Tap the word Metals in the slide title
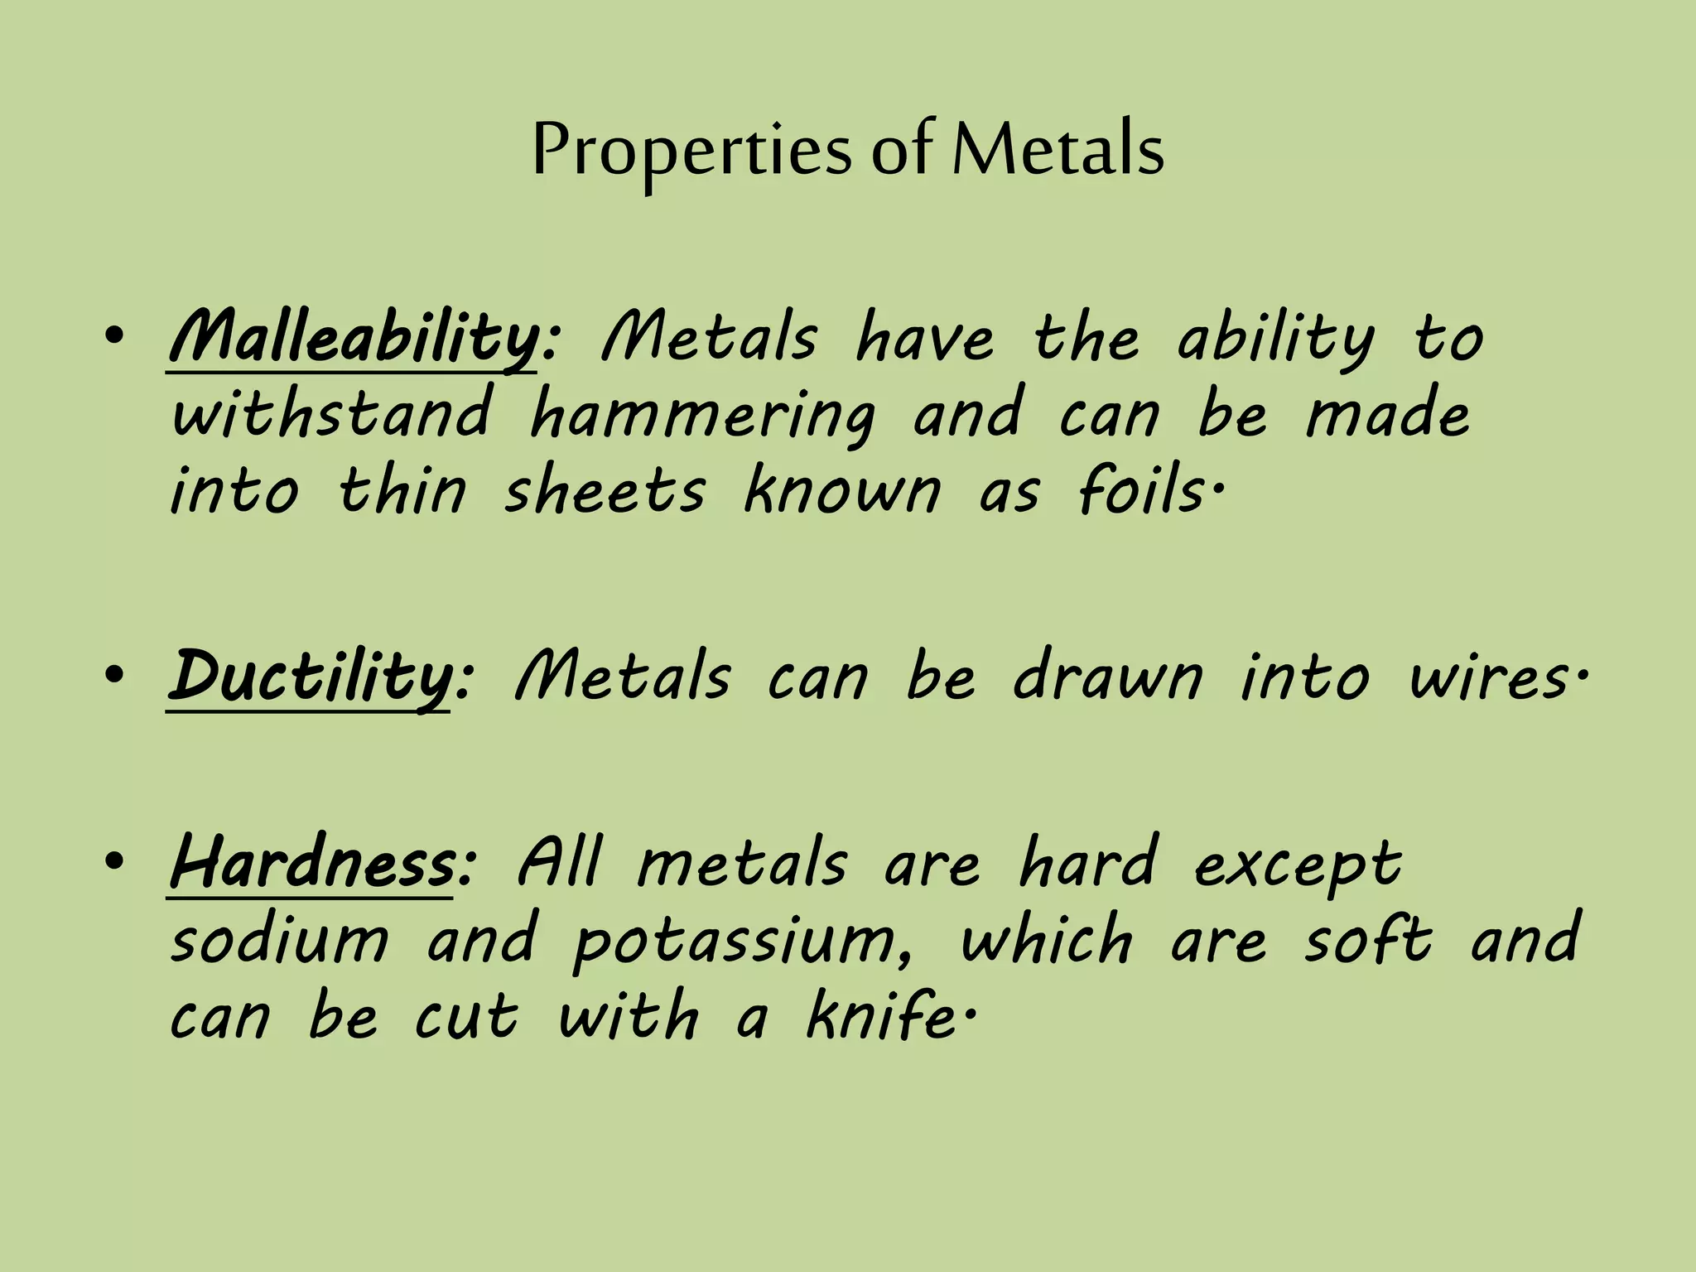1058,151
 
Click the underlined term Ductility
311,677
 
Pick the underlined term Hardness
312,863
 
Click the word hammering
702,417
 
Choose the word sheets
605,492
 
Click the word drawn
1108,677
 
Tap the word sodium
280,941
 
